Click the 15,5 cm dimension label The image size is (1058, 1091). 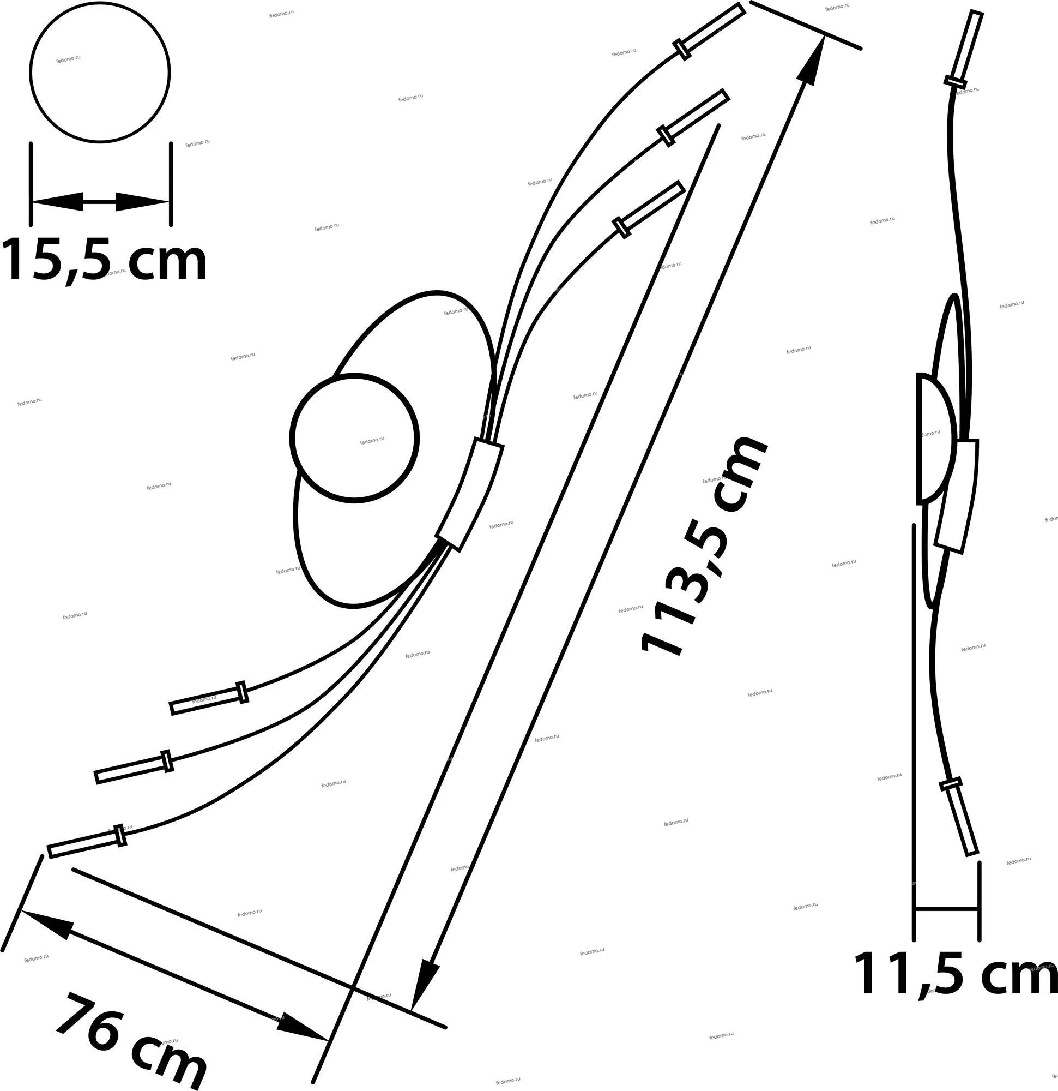(x=104, y=260)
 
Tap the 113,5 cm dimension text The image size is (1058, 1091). (x=704, y=547)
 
